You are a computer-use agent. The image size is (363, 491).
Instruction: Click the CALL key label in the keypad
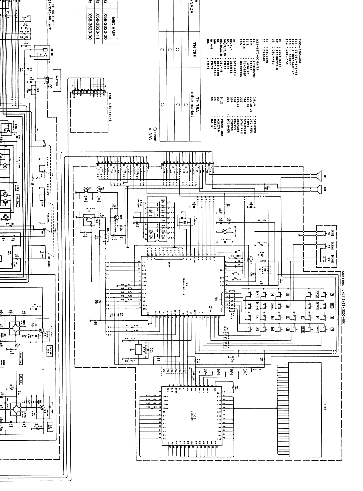(x=317, y=294)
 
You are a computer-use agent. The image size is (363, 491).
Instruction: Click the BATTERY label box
(x=57, y=82)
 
